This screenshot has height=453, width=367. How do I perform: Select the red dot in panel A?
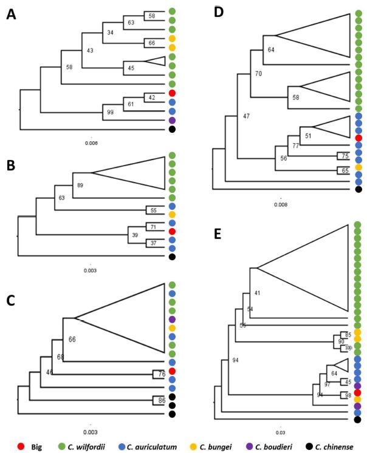[173, 93]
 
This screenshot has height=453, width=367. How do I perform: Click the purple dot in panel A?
[173, 120]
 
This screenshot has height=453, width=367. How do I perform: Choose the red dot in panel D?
[358, 138]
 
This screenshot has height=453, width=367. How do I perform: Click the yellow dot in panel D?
[358, 167]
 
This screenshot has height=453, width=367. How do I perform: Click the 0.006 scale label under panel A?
[91, 143]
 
